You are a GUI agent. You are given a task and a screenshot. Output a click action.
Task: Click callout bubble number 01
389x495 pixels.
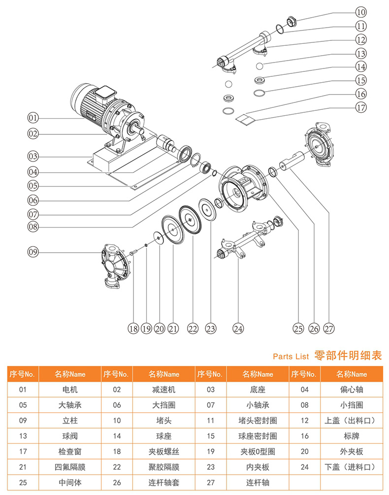coord(33,118)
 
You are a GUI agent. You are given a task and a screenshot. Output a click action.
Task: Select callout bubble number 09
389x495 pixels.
coord(33,252)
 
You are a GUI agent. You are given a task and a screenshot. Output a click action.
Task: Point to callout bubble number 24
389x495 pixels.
coord(238,329)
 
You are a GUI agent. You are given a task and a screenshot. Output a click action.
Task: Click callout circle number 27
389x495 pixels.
coord(329,329)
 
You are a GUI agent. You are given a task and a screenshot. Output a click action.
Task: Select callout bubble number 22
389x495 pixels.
coord(192,329)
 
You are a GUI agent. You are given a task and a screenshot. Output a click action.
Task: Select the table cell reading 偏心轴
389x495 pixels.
coord(352,390)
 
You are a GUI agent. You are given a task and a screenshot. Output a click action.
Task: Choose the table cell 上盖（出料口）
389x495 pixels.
coord(352,421)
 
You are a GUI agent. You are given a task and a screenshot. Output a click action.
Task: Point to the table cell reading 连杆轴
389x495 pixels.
coord(258,482)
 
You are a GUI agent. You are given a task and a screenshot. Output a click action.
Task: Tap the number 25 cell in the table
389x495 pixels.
coord(22,482)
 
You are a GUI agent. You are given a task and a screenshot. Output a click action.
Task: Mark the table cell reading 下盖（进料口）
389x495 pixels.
coord(352,467)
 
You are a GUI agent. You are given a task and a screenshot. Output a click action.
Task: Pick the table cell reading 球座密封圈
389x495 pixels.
coord(258,436)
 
